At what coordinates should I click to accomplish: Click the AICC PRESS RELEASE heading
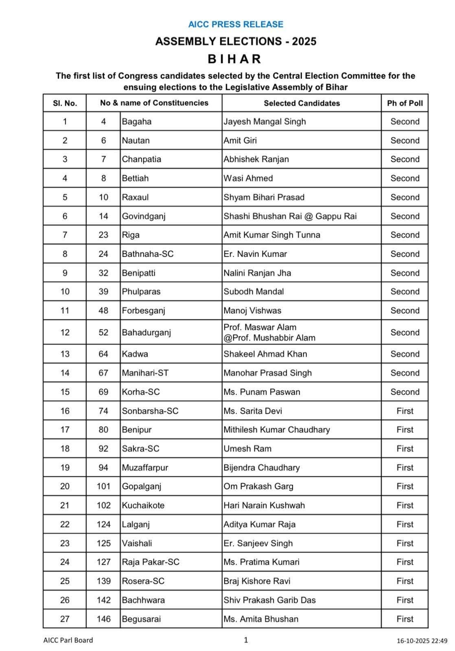point(236,24)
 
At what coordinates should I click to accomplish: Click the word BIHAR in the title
point(234,59)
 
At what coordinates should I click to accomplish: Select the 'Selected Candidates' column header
point(302,103)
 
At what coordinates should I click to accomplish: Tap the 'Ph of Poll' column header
point(405,103)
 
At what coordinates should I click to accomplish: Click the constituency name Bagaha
point(137,122)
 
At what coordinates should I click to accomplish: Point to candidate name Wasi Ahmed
point(248,178)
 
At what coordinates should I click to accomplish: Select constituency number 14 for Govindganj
point(103,216)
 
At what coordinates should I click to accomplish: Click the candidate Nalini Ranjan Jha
point(257,273)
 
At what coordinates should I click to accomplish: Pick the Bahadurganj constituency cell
point(147,332)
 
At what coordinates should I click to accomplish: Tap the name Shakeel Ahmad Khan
point(265,354)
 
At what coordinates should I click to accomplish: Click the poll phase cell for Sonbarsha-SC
point(405,411)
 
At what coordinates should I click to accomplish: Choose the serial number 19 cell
point(65,467)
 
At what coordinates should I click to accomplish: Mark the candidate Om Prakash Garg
point(258,486)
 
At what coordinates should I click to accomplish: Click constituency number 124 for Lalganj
point(103,524)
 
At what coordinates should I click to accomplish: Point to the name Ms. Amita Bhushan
point(261,619)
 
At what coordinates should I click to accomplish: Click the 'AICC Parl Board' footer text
point(68,640)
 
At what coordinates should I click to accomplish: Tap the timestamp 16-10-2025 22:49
point(422,641)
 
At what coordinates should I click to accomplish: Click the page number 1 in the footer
point(246,640)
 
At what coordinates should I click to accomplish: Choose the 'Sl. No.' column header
point(65,103)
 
